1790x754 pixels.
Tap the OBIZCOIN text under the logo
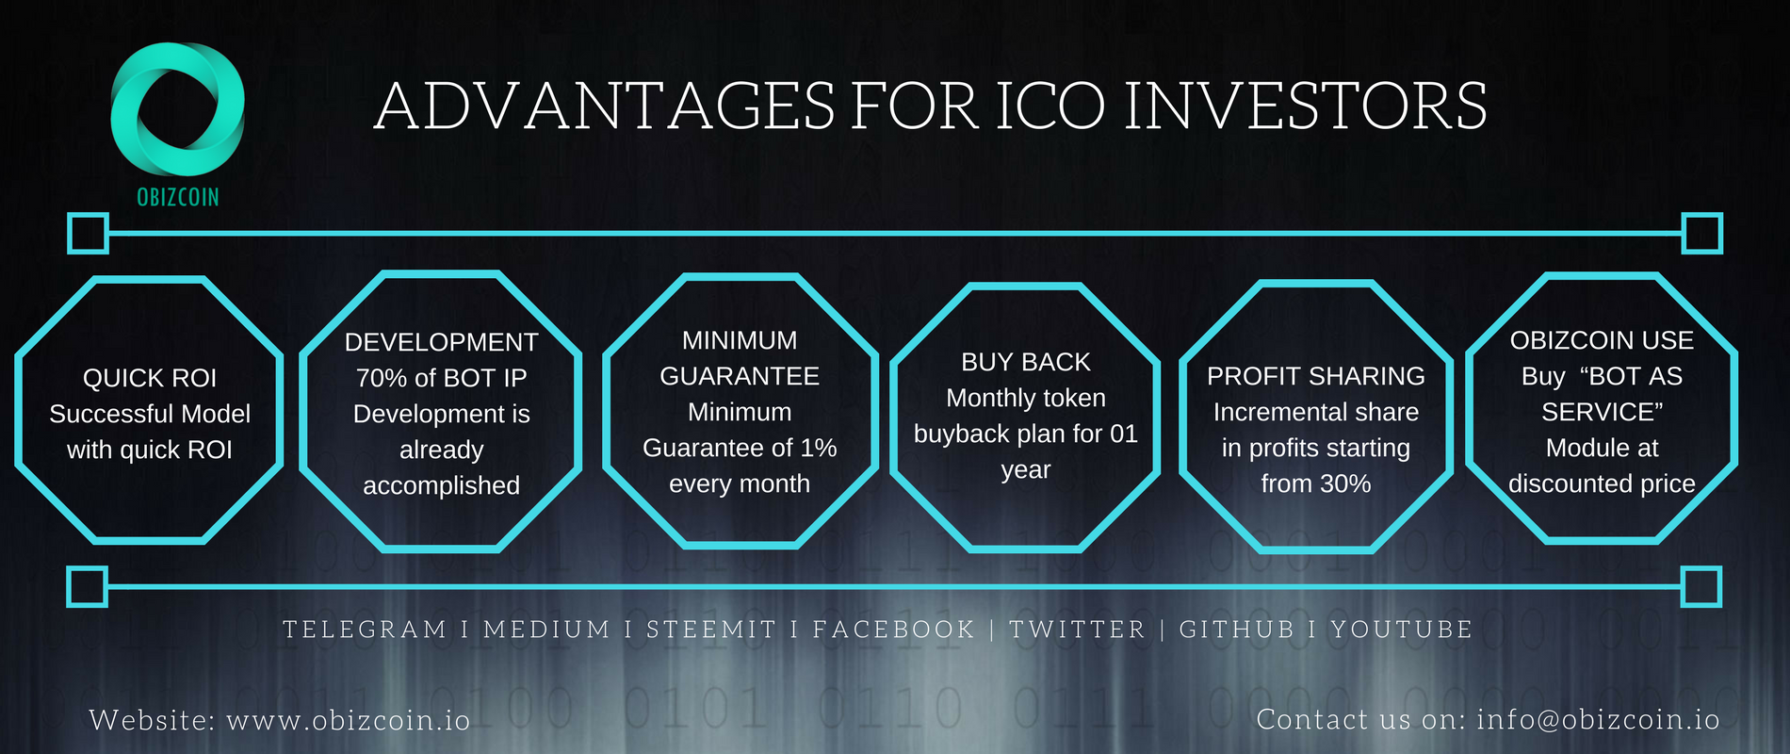tap(178, 197)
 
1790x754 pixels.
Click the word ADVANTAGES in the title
tap(604, 106)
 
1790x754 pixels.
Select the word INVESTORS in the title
tap(1306, 106)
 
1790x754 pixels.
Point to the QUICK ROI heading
tap(150, 378)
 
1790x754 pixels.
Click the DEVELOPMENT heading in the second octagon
tap(442, 342)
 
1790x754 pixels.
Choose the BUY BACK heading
tap(1026, 362)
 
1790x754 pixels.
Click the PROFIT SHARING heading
tap(1316, 376)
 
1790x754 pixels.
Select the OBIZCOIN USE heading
tap(1602, 340)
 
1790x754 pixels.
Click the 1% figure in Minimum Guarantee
tap(818, 448)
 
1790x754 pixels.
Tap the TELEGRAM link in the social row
tap(365, 630)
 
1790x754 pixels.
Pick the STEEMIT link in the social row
tap(711, 630)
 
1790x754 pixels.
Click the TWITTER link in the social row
tap(1077, 630)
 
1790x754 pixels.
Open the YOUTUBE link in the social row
tap(1401, 630)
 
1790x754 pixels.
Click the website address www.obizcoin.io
tap(349, 720)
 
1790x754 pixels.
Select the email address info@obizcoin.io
tap(1598, 720)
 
